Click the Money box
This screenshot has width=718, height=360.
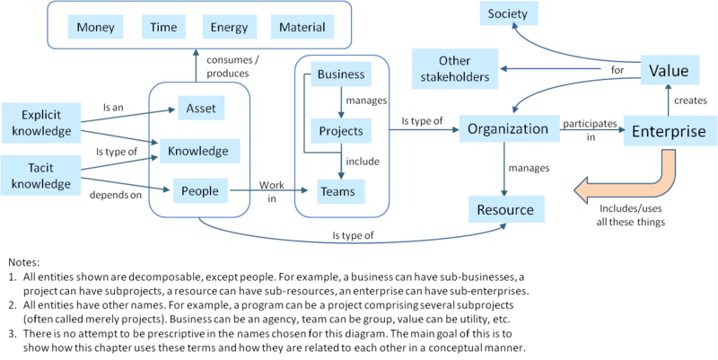pos(96,27)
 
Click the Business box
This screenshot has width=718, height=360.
pos(341,75)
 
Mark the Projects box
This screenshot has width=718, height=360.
pos(341,131)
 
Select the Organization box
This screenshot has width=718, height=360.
pos(508,128)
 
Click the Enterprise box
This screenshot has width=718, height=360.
pos(669,132)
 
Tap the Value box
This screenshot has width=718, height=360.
pos(668,70)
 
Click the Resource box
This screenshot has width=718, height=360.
pos(505,210)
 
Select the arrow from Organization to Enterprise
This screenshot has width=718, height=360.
pos(592,129)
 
